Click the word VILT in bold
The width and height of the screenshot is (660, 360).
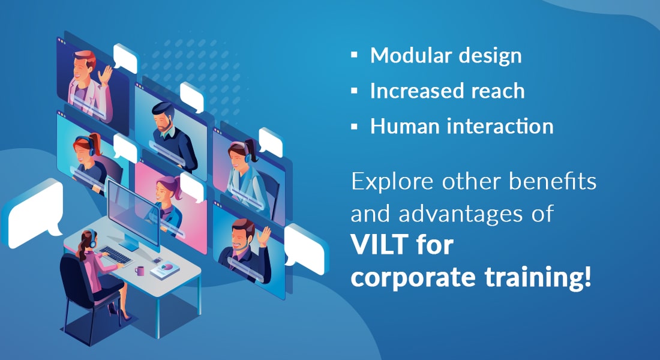(x=380, y=245)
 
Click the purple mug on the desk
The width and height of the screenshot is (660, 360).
(x=139, y=271)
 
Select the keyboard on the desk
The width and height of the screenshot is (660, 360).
(x=115, y=256)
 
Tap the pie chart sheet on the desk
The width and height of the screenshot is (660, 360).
(x=166, y=270)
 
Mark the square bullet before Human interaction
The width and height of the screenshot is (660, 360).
(x=354, y=126)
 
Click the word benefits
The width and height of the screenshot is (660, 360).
(x=552, y=181)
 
